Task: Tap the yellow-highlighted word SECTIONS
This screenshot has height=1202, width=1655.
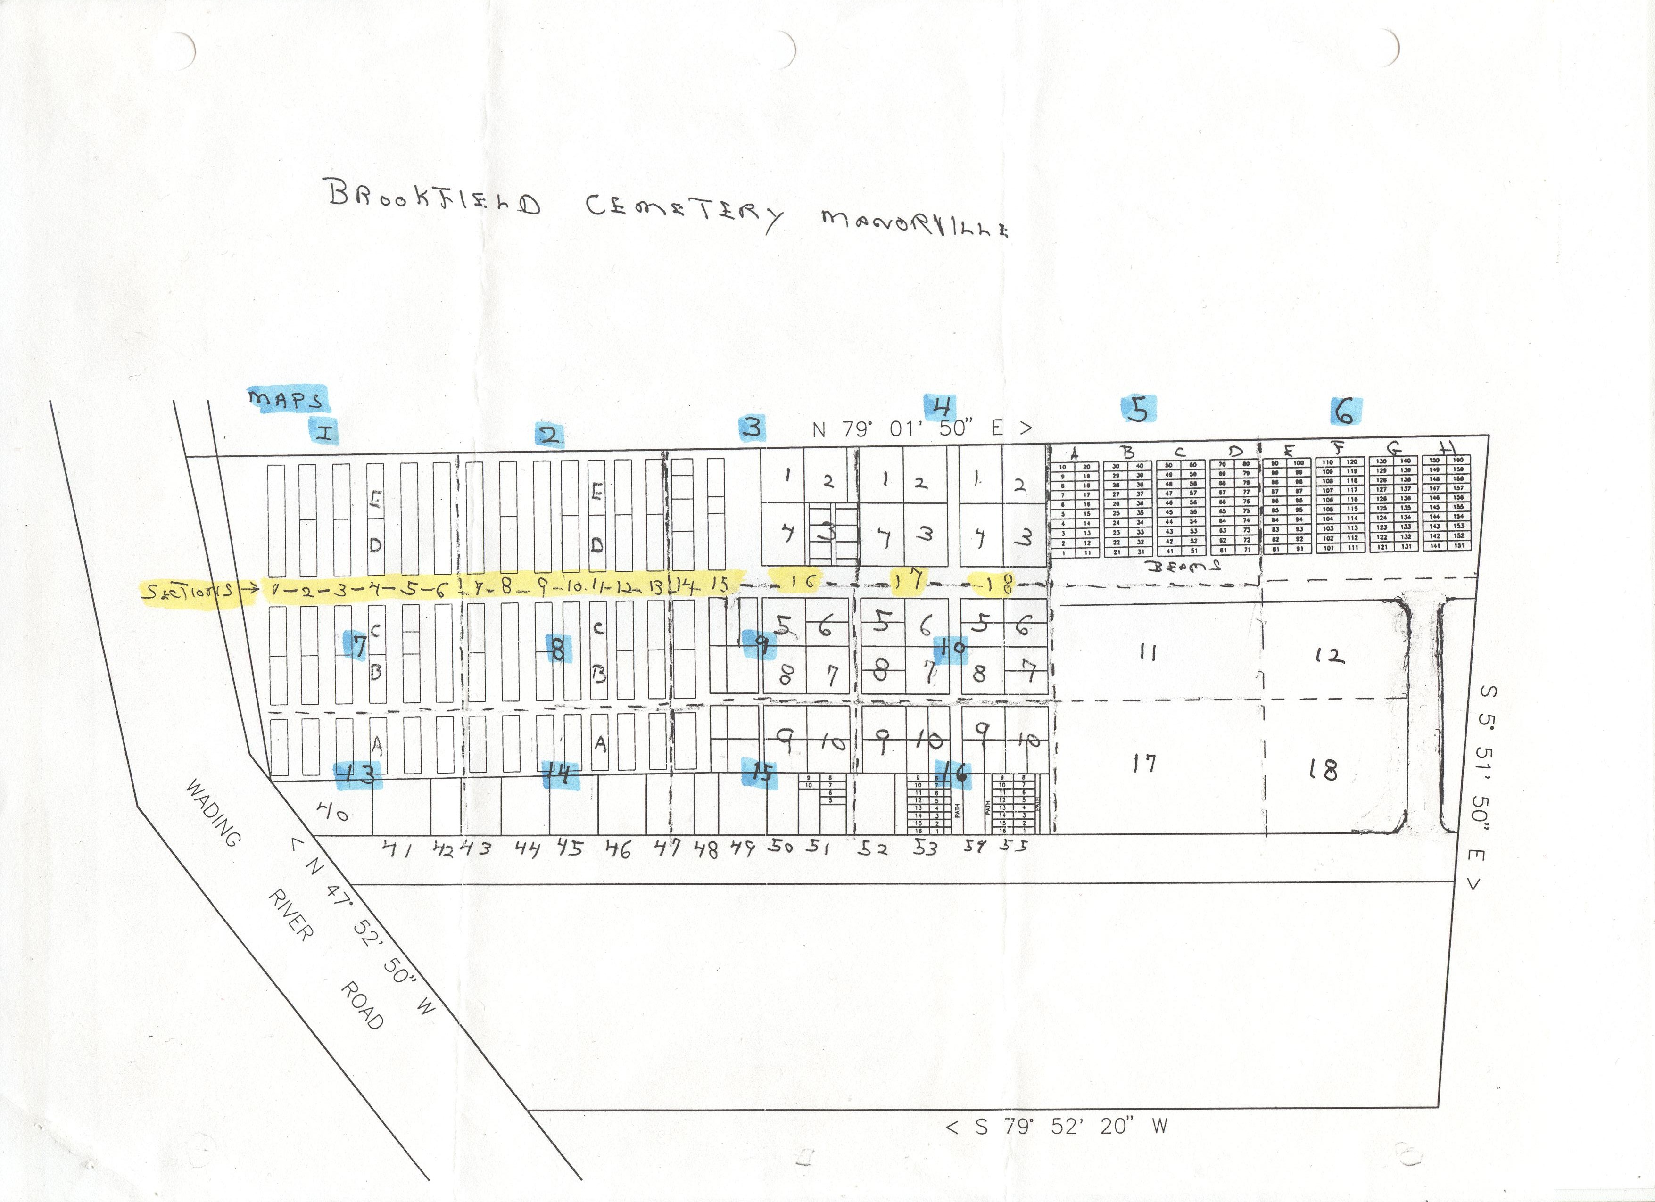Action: tap(190, 590)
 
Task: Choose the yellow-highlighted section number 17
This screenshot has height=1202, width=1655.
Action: tap(909, 581)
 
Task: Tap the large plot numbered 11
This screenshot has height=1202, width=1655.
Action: tap(1148, 653)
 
